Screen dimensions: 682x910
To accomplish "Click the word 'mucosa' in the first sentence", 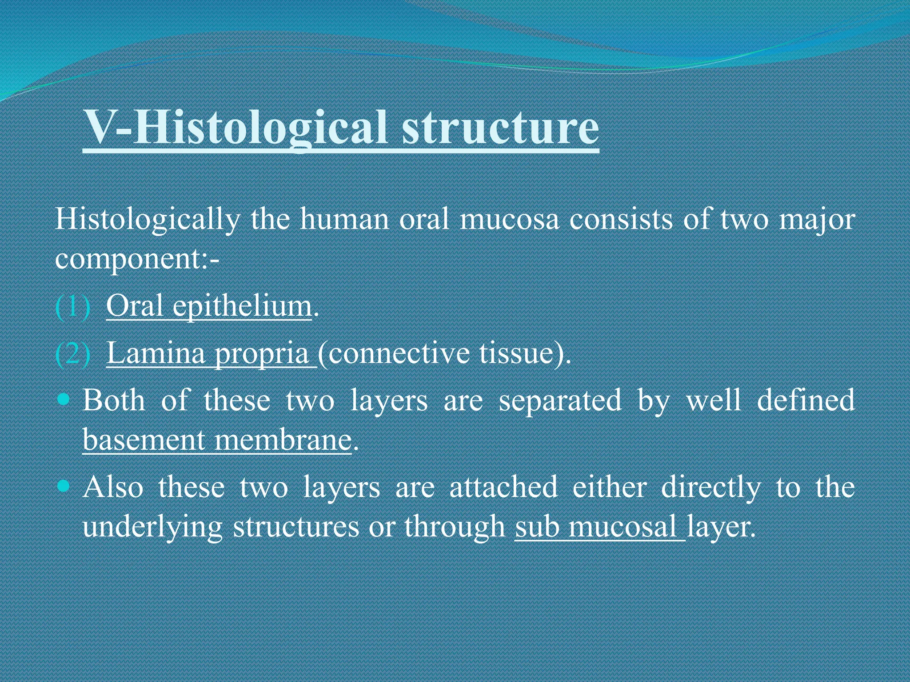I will (509, 220).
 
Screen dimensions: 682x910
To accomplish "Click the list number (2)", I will (73, 354).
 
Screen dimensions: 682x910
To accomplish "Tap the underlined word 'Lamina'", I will (156, 354).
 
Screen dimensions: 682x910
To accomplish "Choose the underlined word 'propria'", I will (262, 354).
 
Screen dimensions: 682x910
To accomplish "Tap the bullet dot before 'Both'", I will (64, 399).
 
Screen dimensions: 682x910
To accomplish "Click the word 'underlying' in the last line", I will (152, 527).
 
